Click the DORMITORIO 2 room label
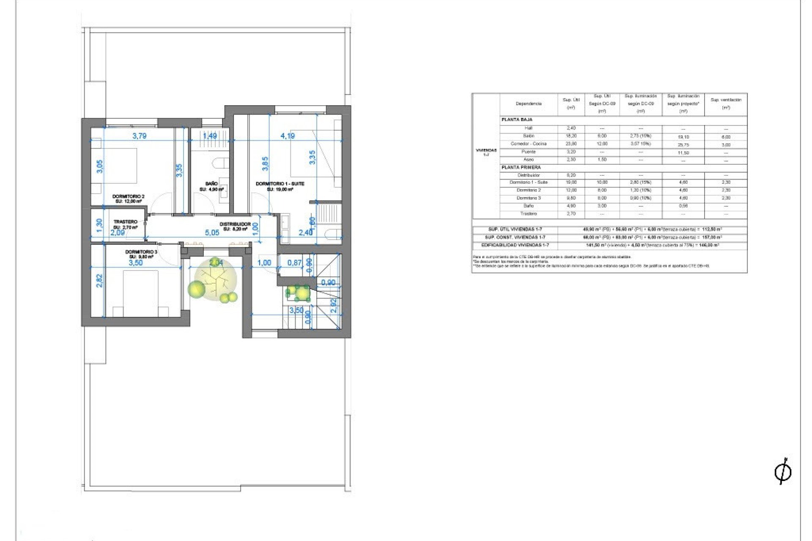pos(128,197)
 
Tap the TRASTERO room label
pos(125,222)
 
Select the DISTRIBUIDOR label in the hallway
pos(235,224)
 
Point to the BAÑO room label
pos(211,184)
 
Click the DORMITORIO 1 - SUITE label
pos(280,184)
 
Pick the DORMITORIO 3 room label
pos(141,252)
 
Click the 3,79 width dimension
pos(139,136)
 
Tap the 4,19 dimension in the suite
pos(288,136)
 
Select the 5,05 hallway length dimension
pos(212,232)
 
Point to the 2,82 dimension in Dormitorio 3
pos(99,281)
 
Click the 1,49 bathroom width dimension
pos(210,136)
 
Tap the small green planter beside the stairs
pos(298,292)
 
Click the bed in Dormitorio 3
pos(140,294)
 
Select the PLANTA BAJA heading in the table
pos(517,120)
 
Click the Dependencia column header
pos(528,104)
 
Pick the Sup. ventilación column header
pos(726,104)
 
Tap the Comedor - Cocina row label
pos(528,144)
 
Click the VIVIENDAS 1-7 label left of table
pos(486,152)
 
